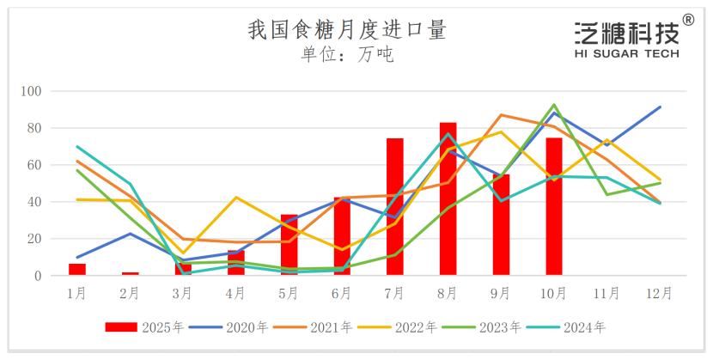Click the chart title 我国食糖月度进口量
tap(347, 30)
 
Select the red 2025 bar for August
tap(448, 199)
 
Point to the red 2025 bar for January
tap(77, 270)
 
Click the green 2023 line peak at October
tap(554, 105)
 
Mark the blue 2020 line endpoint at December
tap(660, 107)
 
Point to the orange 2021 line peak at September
tap(501, 115)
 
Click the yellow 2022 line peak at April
tap(235, 198)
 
